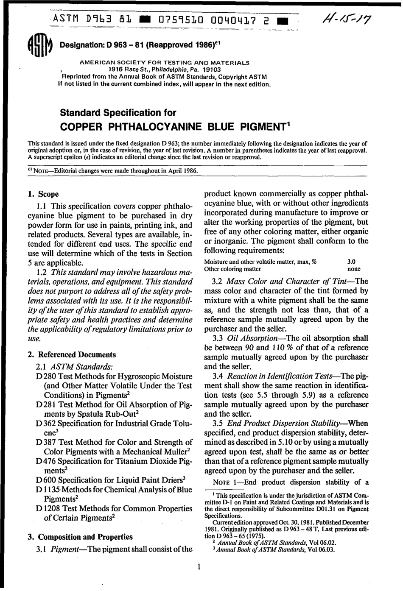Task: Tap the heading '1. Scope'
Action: (x=43, y=194)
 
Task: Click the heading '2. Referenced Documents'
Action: (x=72, y=354)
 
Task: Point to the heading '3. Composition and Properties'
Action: (x=80, y=537)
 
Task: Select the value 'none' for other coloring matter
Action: (x=353, y=269)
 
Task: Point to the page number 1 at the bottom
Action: (x=198, y=567)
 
